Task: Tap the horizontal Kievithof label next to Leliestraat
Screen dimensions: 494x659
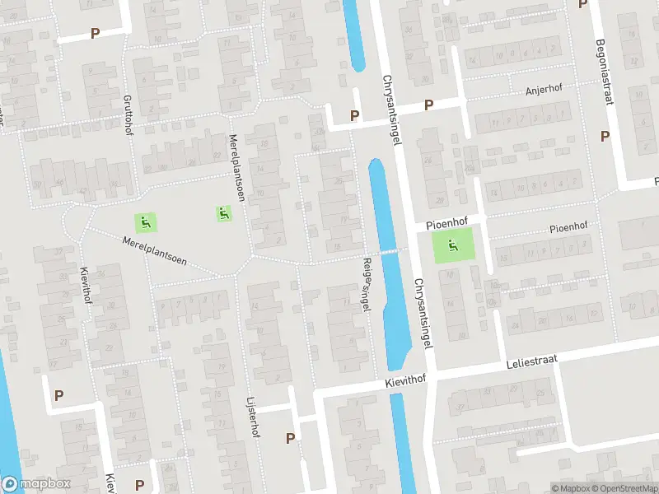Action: click(x=408, y=383)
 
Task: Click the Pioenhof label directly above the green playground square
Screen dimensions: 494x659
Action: click(x=447, y=224)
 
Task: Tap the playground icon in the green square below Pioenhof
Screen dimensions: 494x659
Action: click(x=452, y=245)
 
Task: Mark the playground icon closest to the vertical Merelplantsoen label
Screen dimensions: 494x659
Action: click(x=223, y=213)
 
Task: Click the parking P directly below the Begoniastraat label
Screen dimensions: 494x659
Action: click(x=605, y=136)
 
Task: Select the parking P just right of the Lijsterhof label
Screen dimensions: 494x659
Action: click(x=290, y=438)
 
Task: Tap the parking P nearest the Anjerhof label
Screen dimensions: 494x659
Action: click(x=428, y=105)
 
